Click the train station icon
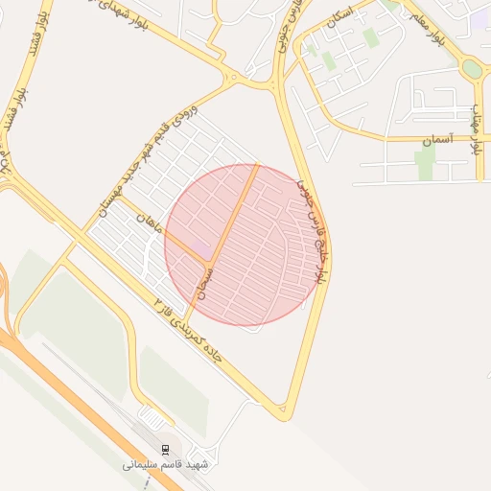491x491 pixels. point(165,450)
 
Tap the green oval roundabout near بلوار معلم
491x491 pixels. point(471,69)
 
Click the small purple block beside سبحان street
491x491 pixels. point(202,250)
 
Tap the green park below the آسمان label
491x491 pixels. point(425,163)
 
